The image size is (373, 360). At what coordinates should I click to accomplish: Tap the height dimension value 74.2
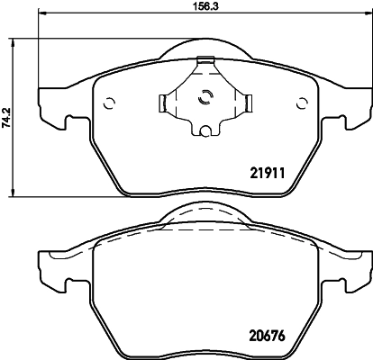[x=7, y=117]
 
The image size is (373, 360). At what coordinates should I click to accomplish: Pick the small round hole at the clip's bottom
[x=205, y=133]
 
